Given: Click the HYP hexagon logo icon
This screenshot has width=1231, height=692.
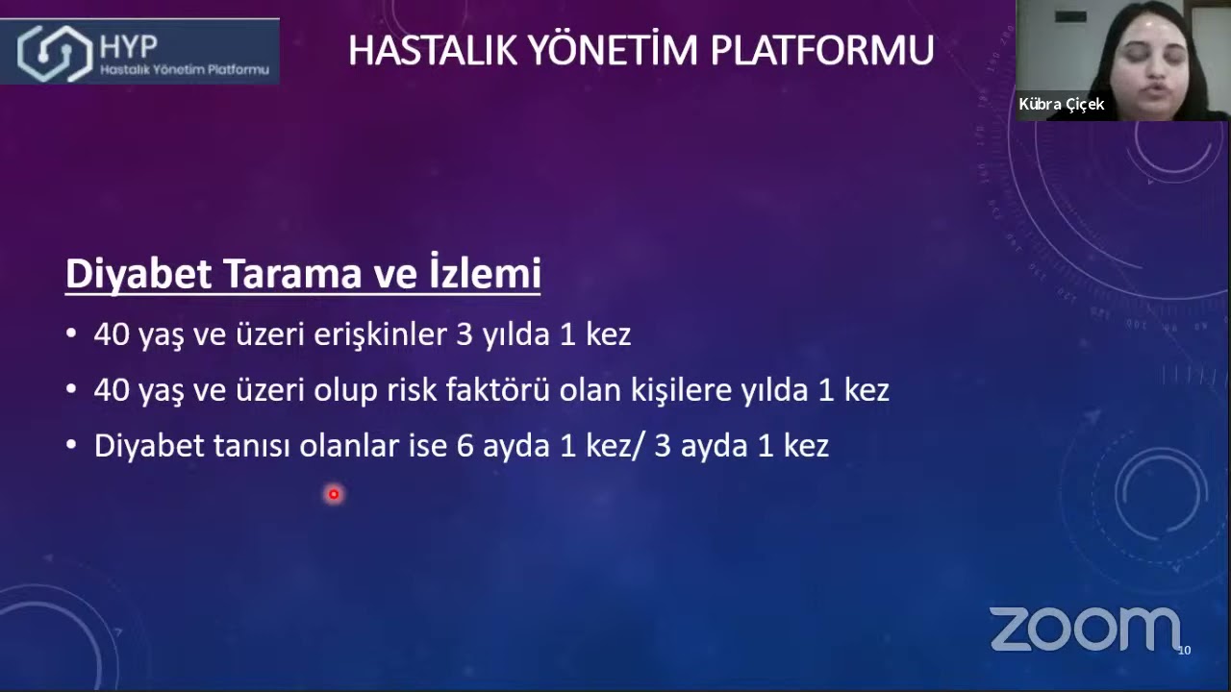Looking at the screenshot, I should [x=55, y=51].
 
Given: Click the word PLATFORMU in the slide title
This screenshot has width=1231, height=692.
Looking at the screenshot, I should [x=822, y=50].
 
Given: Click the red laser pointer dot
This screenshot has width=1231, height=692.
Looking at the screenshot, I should [x=334, y=494].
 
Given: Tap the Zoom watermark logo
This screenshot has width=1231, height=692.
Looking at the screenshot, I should [x=1084, y=630].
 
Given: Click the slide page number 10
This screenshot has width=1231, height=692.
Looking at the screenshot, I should [x=1184, y=651].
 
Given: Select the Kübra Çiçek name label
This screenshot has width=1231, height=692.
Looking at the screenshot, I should [x=1062, y=105].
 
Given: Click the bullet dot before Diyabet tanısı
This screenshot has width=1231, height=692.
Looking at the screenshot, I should [x=71, y=446].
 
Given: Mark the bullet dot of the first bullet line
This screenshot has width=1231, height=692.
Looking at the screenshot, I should [x=71, y=334].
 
